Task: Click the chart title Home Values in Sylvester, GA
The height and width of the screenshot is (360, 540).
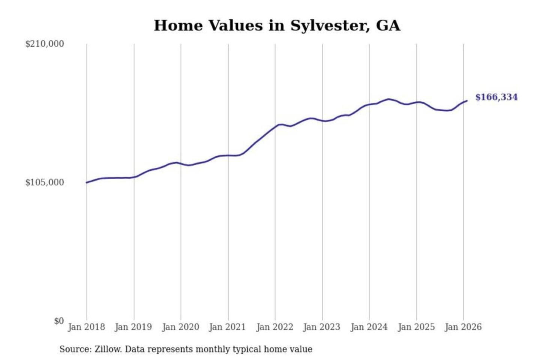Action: click(x=277, y=25)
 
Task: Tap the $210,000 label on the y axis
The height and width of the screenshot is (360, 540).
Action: click(x=44, y=44)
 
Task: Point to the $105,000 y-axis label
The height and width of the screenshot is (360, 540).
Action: click(x=44, y=183)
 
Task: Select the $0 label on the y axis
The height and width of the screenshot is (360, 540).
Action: click(x=59, y=321)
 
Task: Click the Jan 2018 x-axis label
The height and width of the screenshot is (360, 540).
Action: click(x=86, y=327)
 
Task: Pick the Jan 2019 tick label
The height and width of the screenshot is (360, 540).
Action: click(x=133, y=327)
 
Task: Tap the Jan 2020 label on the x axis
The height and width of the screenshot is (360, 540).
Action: click(x=180, y=327)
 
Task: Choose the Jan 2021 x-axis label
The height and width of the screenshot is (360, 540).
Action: click(x=227, y=327)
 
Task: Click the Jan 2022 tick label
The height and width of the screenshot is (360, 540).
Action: click(x=274, y=327)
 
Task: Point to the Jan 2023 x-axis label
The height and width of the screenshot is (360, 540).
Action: click(x=321, y=327)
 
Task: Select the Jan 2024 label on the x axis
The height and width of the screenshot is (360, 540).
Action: click(x=369, y=327)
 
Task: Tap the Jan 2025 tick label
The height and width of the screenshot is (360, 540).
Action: click(x=416, y=327)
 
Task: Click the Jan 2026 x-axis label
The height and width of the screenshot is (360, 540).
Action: click(x=463, y=327)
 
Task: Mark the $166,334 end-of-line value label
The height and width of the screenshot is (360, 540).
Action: click(x=496, y=97)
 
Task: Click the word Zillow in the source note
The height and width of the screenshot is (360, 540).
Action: click(x=108, y=349)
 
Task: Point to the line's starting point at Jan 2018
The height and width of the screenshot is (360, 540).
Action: click(x=87, y=183)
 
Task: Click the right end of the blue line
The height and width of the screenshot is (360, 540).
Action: click(x=467, y=100)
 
